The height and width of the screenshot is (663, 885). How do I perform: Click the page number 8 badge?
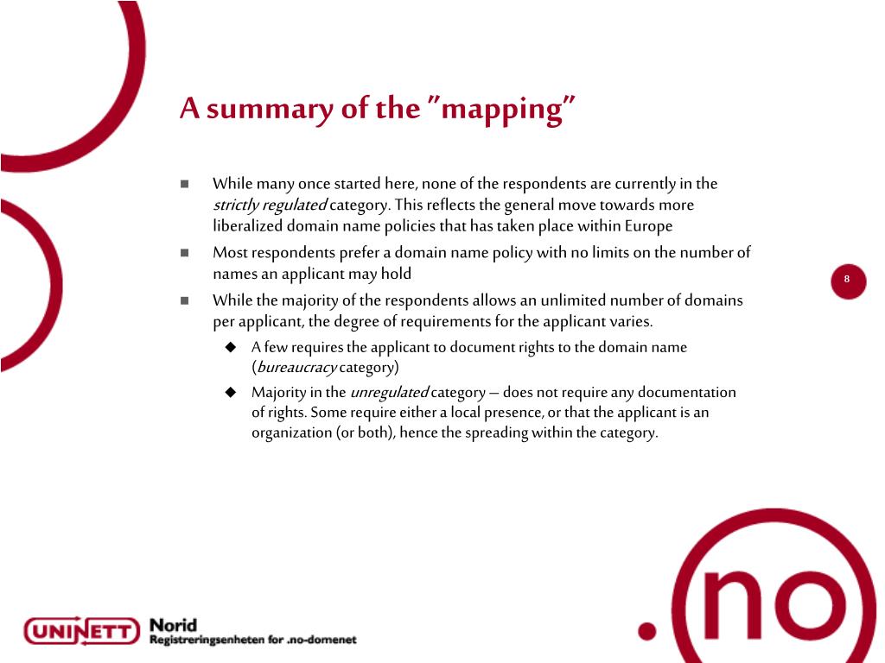click(x=848, y=279)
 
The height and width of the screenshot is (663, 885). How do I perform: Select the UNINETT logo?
click(x=81, y=631)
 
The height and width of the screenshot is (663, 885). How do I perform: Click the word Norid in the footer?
click(x=173, y=624)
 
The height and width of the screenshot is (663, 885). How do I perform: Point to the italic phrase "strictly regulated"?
click(x=270, y=205)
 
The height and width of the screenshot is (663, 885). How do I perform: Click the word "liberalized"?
click(x=247, y=226)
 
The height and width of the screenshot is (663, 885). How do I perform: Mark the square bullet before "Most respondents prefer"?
click(x=185, y=253)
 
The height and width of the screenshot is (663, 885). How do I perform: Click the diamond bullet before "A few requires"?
click(x=231, y=347)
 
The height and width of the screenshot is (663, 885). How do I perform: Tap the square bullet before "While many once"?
click(x=185, y=184)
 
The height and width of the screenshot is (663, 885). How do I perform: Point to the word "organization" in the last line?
click(x=291, y=433)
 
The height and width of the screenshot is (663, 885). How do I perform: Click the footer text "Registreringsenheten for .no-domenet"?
click(x=252, y=641)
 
